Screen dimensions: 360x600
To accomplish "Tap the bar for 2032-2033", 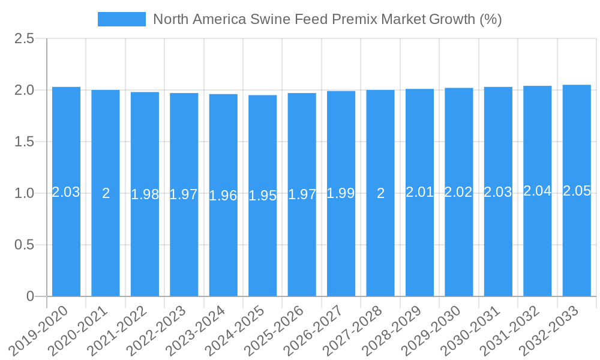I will coord(577,240).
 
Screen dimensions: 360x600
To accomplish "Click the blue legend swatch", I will coord(121,19).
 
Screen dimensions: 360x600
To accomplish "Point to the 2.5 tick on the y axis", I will coord(25,39).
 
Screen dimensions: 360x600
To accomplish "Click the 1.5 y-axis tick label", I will coord(25,142).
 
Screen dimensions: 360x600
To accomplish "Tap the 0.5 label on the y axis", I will coord(25,245).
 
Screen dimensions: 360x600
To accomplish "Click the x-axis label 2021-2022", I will coord(123,329).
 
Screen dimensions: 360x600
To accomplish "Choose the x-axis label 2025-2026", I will coord(280,329).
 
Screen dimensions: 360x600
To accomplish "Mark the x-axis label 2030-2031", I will coord(476,329).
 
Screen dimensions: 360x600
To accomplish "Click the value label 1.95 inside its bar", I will coord(262,196).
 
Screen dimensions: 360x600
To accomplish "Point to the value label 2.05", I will coord(577,191).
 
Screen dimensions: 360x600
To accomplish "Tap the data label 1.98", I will coord(145,194).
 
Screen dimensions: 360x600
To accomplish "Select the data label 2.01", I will coord(419,192).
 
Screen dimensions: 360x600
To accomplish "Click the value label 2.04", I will coord(537,191).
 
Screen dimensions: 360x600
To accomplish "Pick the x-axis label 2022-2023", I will coord(163,329).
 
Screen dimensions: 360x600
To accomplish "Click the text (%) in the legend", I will coord(490,19).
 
